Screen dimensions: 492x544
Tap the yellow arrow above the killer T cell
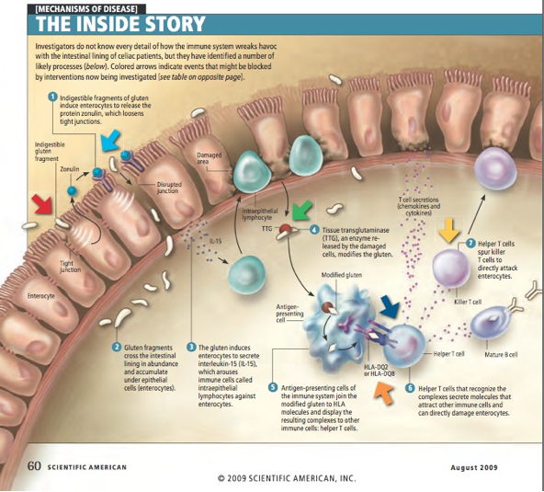click(448, 229)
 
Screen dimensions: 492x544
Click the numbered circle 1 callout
click(54, 97)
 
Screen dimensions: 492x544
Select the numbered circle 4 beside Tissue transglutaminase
click(314, 230)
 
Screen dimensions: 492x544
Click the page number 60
click(34, 465)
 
